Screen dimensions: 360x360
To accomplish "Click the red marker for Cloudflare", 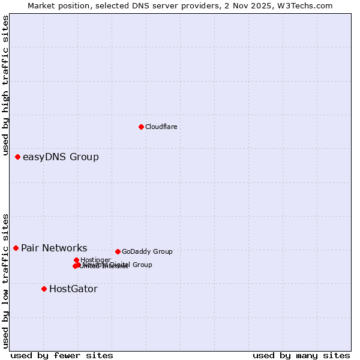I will click(x=141, y=127).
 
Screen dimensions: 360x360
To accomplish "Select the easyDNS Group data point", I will click(x=17, y=157).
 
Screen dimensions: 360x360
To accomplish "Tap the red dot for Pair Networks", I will click(x=16, y=248).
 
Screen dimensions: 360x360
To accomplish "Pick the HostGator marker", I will click(x=44, y=289).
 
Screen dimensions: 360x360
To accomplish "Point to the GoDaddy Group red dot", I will click(x=118, y=251).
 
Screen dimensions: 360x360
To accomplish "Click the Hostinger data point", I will click(x=76, y=260).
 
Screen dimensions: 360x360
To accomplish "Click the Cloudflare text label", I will click(x=161, y=127).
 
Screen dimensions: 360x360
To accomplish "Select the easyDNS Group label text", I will click(x=61, y=157).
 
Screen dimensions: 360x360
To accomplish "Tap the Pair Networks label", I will click(x=54, y=248).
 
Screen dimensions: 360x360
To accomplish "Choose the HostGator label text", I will click(x=73, y=289).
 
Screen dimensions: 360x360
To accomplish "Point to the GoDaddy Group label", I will click(x=147, y=252).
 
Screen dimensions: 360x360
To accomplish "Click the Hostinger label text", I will click(x=95, y=260).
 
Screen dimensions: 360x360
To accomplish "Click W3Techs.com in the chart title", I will click(x=306, y=5).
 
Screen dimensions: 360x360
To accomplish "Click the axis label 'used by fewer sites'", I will click(x=62, y=355).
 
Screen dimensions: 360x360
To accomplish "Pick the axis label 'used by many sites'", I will click(x=301, y=355).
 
